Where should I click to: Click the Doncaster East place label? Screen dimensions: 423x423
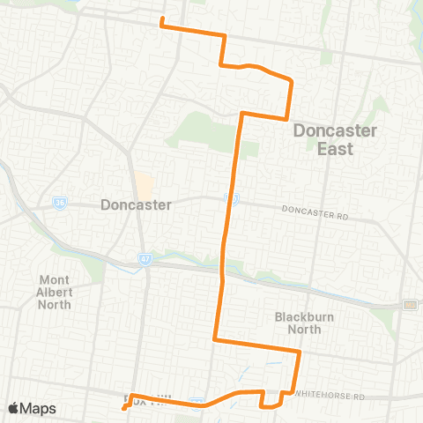(x=335, y=139)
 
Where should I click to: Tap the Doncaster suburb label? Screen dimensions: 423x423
(x=137, y=204)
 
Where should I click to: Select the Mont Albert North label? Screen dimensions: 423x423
(x=55, y=292)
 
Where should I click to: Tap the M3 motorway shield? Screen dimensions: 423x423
(x=410, y=304)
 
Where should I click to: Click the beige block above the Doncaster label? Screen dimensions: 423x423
(x=143, y=185)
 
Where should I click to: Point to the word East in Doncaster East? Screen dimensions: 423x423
(x=335, y=148)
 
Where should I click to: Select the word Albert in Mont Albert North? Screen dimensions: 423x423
(x=55, y=292)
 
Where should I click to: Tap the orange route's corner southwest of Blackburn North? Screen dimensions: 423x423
(x=215, y=339)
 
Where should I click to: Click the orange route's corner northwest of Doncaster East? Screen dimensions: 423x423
(x=243, y=114)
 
